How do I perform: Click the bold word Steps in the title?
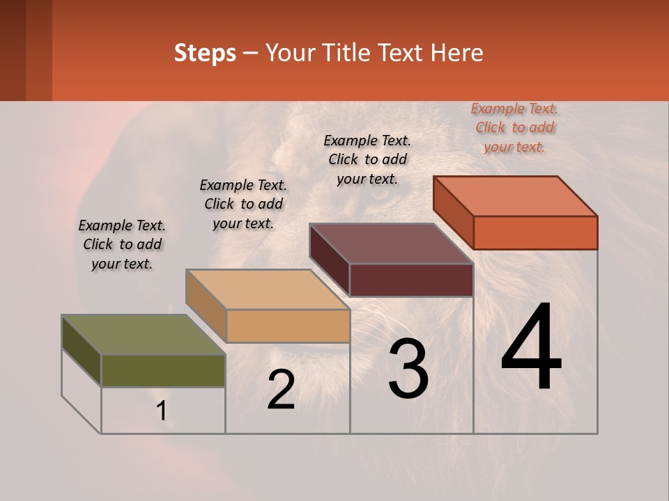pyautogui.click(x=205, y=53)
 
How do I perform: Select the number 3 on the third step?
pyautogui.click(x=408, y=369)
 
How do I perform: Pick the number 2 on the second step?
pyautogui.click(x=281, y=390)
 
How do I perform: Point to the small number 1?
pyautogui.click(x=162, y=411)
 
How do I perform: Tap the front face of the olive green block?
pyautogui.click(x=163, y=370)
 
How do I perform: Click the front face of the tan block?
pyautogui.click(x=288, y=326)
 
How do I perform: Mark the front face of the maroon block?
pyautogui.click(x=411, y=280)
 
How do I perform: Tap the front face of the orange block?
pyautogui.click(x=535, y=232)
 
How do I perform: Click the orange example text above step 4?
pyautogui.click(x=514, y=127)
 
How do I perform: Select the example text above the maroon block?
pyautogui.click(x=367, y=159)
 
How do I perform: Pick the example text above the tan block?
pyautogui.click(x=243, y=204)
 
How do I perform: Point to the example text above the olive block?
pyautogui.click(x=122, y=244)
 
